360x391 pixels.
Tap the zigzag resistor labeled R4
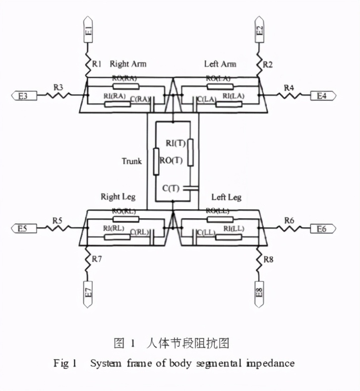(289, 95)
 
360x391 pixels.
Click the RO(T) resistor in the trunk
(156, 161)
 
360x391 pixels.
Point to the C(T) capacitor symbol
(190, 188)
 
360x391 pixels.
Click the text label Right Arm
(127, 64)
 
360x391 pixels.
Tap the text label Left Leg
(226, 197)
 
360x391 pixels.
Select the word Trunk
(131, 161)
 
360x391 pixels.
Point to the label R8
(268, 259)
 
